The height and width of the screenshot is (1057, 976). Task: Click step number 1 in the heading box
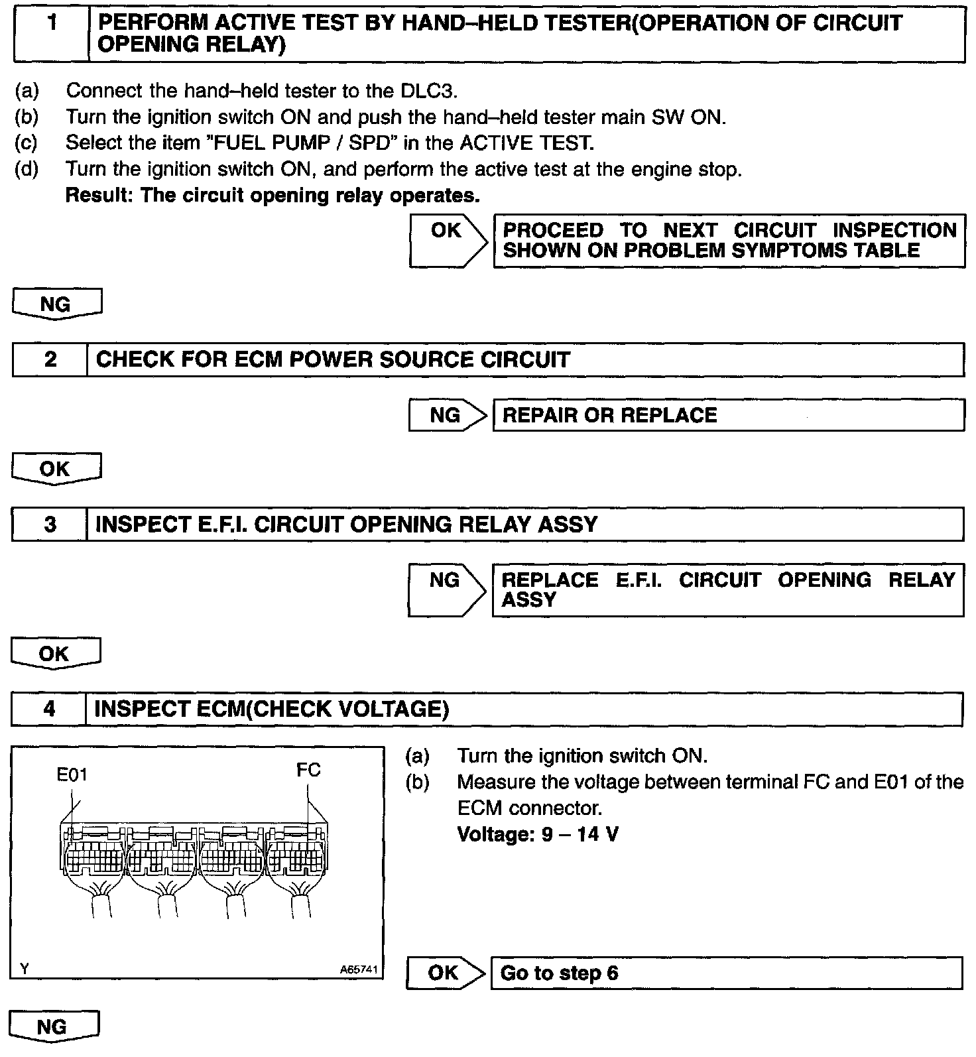pos(51,24)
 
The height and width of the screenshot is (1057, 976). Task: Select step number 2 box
pos(50,359)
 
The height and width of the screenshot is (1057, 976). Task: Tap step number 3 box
pos(50,525)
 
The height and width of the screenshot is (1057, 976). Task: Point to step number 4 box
pos(49,710)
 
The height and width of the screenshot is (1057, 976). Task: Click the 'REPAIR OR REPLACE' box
pos(728,416)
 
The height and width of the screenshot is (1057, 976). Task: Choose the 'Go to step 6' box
pos(726,973)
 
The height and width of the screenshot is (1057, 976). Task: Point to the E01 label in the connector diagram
pos(72,775)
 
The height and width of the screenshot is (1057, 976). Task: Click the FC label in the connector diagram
pos(308,770)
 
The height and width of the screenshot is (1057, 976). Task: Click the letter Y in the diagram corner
pos(24,969)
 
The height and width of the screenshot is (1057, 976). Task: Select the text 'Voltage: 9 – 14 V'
pos(538,834)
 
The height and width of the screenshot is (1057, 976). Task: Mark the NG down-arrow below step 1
pos(56,304)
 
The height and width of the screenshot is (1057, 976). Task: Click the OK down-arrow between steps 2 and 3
pos(56,469)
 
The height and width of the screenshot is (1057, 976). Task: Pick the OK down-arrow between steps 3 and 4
pos(55,654)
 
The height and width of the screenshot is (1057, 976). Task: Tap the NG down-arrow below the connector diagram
pos(54,1027)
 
